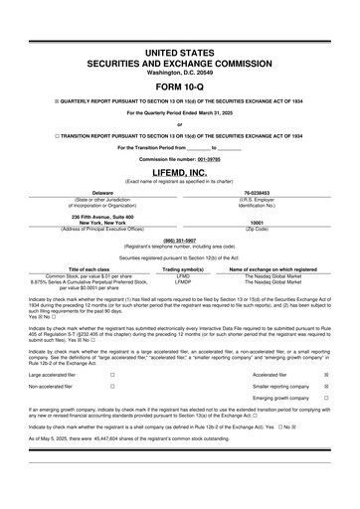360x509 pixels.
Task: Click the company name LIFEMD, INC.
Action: pyautogui.click(x=180, y=173)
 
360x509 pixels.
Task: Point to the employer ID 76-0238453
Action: pyautogui.click(x=257, y=193)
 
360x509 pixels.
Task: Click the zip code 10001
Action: pyautogui.click(x=257, y=223)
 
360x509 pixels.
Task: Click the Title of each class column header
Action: pyautogui.click(x=96, y=268)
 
